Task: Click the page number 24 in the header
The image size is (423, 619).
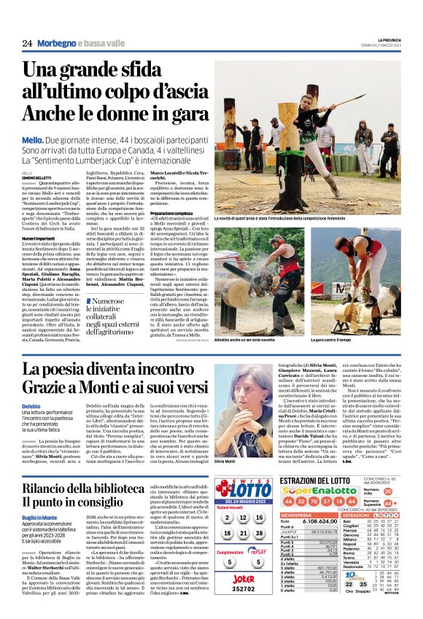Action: point(26,44)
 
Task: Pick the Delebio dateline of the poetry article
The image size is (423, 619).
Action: point(31,405)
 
